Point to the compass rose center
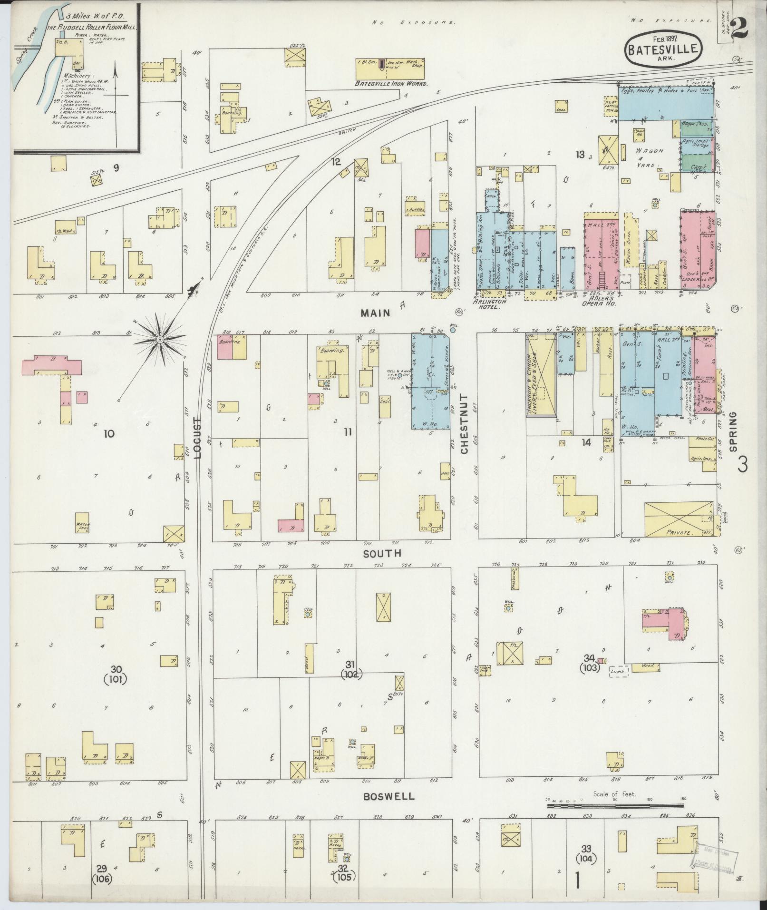(x=160, y=340)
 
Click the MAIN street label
(x=375, y=313)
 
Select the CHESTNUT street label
(x=465, y=424)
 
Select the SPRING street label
(x=733, y=431)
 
